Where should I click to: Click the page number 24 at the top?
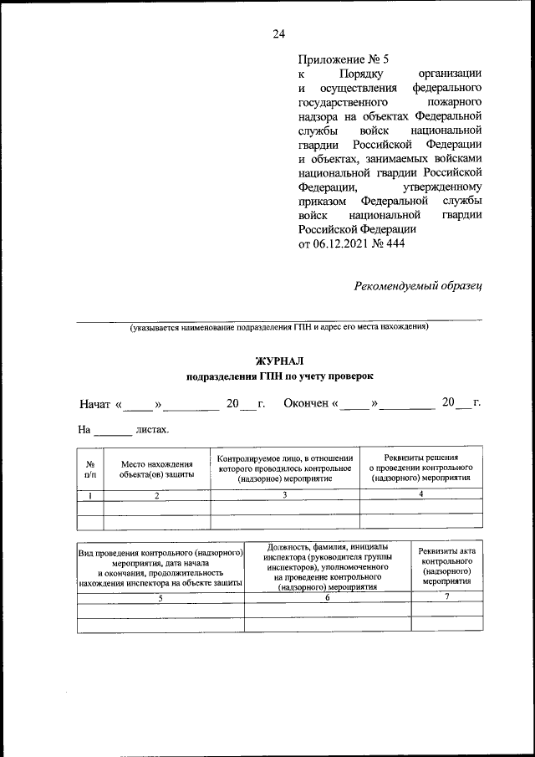[278, 33]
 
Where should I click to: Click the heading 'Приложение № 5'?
[343, 59]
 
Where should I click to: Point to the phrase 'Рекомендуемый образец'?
[418, 286]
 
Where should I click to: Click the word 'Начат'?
[95, 404]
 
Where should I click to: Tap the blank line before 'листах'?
[112, 432]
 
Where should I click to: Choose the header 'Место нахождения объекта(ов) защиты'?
[156, 468]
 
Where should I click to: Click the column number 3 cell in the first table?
[285, 495]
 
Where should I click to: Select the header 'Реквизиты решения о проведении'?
[420, 468]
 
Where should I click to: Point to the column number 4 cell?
[420, 495]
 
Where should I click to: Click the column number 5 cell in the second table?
[160, 599]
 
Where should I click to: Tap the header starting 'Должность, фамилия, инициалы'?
[327, 566]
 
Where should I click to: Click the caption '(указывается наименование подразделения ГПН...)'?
[278, 327]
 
